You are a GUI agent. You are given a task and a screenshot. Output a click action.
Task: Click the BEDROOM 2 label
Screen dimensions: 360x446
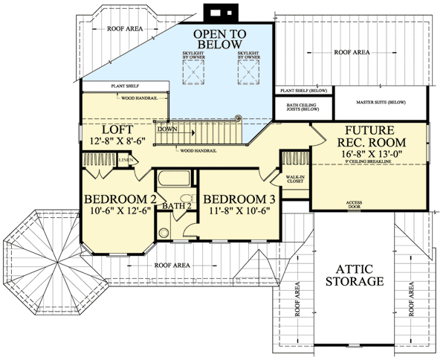120,199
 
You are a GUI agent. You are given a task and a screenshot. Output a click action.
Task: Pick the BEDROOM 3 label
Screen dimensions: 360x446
239,199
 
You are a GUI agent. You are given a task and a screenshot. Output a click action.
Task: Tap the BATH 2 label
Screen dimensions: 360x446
178,206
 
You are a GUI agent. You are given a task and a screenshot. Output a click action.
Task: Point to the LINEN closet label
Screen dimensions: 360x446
126,159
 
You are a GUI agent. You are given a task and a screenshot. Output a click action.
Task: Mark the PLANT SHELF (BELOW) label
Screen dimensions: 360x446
303,91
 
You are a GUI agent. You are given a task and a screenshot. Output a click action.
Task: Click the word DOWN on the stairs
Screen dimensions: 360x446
167,128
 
